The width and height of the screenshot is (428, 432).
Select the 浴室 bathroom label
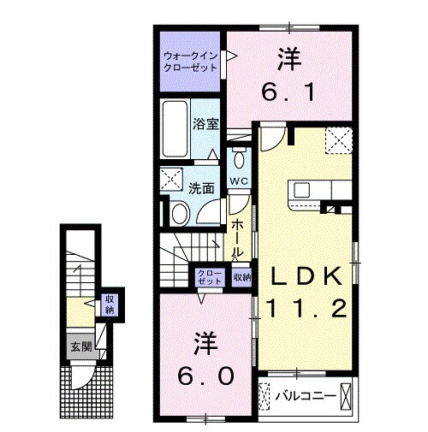coord(206,123)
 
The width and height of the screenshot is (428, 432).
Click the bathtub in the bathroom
coord(177,129)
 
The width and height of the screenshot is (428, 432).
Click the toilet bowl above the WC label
coord(238,160)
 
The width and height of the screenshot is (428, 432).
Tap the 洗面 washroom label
coord(201,187)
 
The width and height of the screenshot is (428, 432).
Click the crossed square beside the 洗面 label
coord(170,180)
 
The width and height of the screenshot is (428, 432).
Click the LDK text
coord(307,275)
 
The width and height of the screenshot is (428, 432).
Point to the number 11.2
coord(307,308)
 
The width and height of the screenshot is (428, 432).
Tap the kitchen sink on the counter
coord(305,189)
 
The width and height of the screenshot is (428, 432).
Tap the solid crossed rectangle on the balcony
coord(346,396)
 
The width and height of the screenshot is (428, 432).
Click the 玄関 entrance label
coord(80,347)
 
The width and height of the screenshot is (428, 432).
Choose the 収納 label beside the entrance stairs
coord(110,305)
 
